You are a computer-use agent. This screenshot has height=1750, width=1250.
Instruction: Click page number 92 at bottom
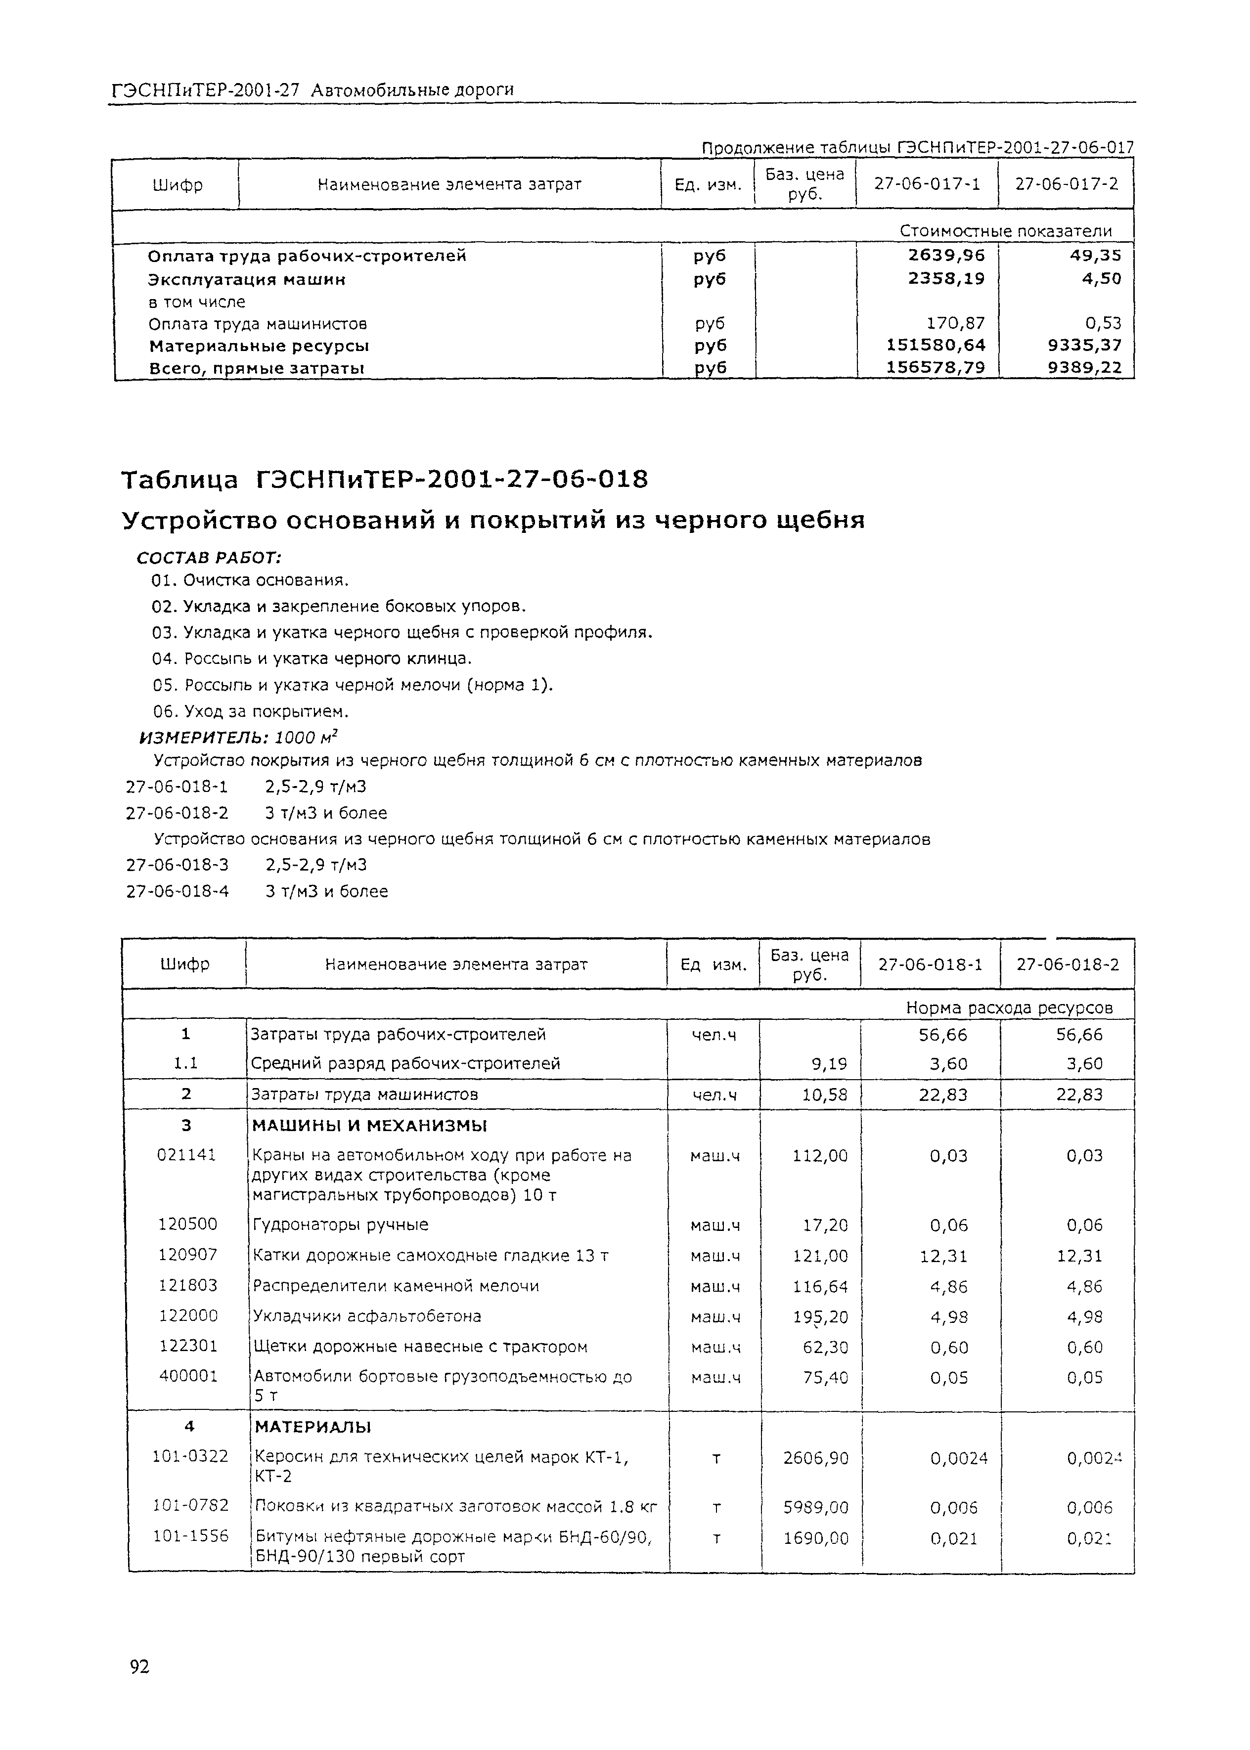pyautogui.click(x=139, y=1666)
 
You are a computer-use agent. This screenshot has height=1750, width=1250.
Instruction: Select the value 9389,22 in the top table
pyautogui.click(x=1084, y=368)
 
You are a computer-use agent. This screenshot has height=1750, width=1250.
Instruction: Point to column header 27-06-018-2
pyautogui.click(x=1068, y=964)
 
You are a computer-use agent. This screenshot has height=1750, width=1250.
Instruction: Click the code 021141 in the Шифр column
pyautogui.click(x=186, y=1154)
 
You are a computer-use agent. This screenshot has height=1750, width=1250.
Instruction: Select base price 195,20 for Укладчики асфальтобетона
pyautogui.click(x=820, y=1317)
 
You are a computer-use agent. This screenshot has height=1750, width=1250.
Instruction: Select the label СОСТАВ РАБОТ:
pyautogui.click(x=209, y=557)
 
